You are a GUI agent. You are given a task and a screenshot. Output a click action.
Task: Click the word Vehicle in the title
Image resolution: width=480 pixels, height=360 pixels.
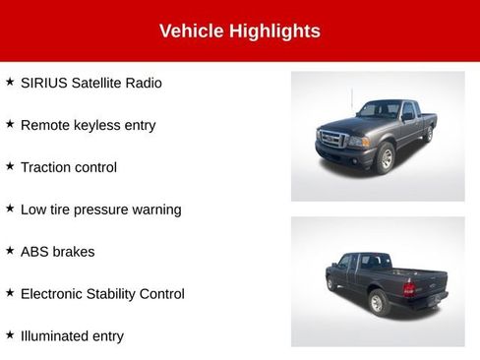(191, 31)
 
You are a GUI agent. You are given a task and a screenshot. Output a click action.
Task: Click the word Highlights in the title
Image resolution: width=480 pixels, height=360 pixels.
(274, 31)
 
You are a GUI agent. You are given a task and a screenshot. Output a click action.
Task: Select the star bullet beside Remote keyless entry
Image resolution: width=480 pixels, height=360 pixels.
(10, 125)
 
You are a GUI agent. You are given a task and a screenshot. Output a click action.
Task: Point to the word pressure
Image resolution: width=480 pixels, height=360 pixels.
(108, 210)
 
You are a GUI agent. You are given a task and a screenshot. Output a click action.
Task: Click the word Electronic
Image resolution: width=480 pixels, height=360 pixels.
(55, 294)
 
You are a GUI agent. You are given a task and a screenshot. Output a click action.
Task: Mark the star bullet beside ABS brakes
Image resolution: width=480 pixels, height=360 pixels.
(10, 251)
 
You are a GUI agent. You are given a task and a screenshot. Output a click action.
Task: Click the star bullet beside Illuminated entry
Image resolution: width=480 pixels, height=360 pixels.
(10, 335)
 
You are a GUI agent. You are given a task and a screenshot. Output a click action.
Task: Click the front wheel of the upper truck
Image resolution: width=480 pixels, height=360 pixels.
(385, 158)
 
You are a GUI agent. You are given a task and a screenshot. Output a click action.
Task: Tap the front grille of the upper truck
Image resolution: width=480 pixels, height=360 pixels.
(332, 140)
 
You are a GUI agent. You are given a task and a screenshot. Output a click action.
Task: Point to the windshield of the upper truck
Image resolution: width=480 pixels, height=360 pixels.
(378, 111)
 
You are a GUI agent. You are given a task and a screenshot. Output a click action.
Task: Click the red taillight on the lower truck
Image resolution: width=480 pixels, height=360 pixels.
(409, 289)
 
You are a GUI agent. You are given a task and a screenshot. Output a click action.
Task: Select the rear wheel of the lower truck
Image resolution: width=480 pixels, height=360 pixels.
(378, 302)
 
